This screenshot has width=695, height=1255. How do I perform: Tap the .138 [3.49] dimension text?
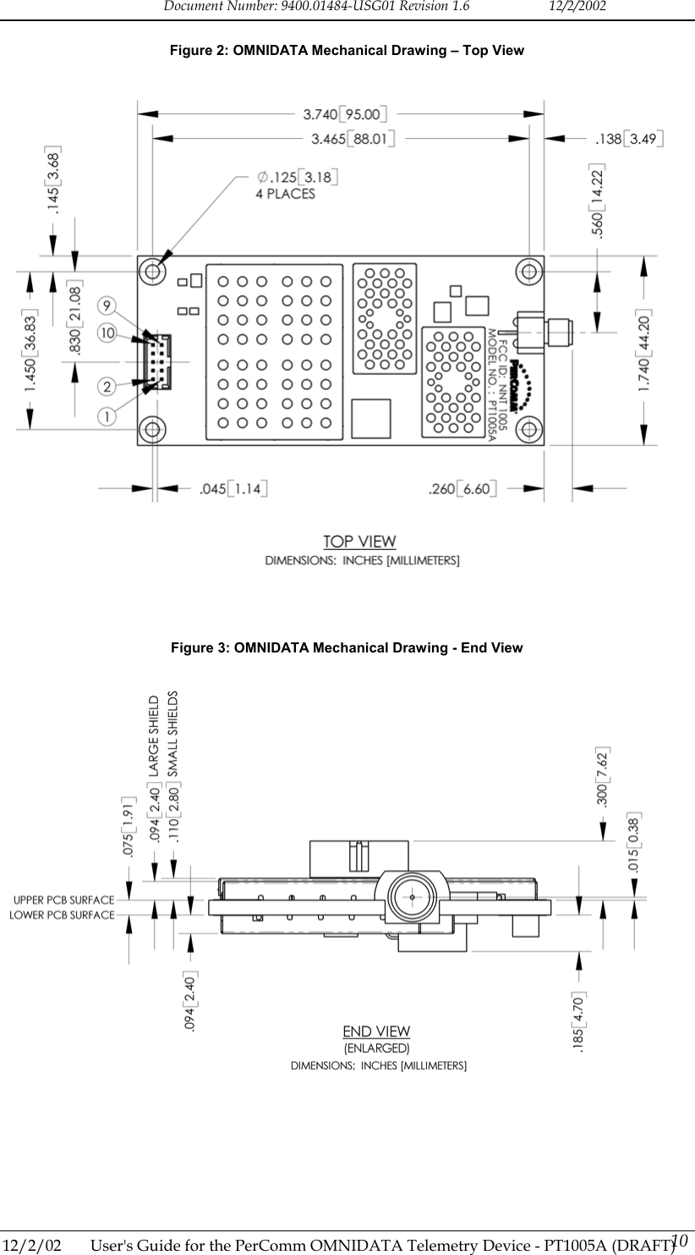click(x=629, y=137)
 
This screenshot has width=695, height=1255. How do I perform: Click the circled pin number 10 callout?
click(x=107, y=333)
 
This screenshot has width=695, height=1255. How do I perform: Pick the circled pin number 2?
click(x=107, y=387)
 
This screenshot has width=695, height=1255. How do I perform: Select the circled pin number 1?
click(x=107, y=416)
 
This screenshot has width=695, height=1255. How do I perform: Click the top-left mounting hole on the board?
click(x=153, y=271)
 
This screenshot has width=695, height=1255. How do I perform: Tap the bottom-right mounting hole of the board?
click(x=528, y=427)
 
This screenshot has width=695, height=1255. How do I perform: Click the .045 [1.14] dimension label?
click(x=233, y=488)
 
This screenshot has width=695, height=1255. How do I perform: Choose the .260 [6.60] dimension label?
click(x=462, y=488)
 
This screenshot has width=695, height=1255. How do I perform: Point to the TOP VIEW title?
click(x=360, y=541)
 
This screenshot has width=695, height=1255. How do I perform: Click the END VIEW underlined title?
click(x=376, y=1031)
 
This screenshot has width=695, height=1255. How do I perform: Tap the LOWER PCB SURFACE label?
click(x=62, y=915)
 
